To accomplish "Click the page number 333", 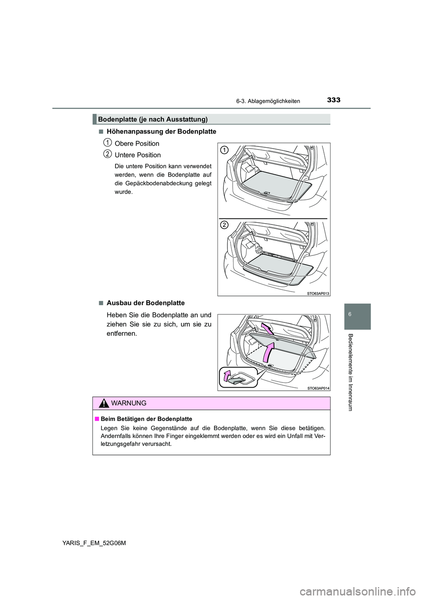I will click(334, 100).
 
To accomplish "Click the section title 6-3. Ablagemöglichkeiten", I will click(267, 101).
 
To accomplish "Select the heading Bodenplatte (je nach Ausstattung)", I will click(153, 119).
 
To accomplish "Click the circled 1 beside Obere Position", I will click(107, 142).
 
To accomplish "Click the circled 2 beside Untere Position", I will click(107, 153).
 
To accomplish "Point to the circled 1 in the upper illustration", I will click(224, 150).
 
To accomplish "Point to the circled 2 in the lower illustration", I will click(224, 225).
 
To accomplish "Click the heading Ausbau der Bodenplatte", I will click(145, 303).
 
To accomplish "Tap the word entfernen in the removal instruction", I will click(121, 334).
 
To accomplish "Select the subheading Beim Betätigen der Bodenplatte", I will click(146, 419).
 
